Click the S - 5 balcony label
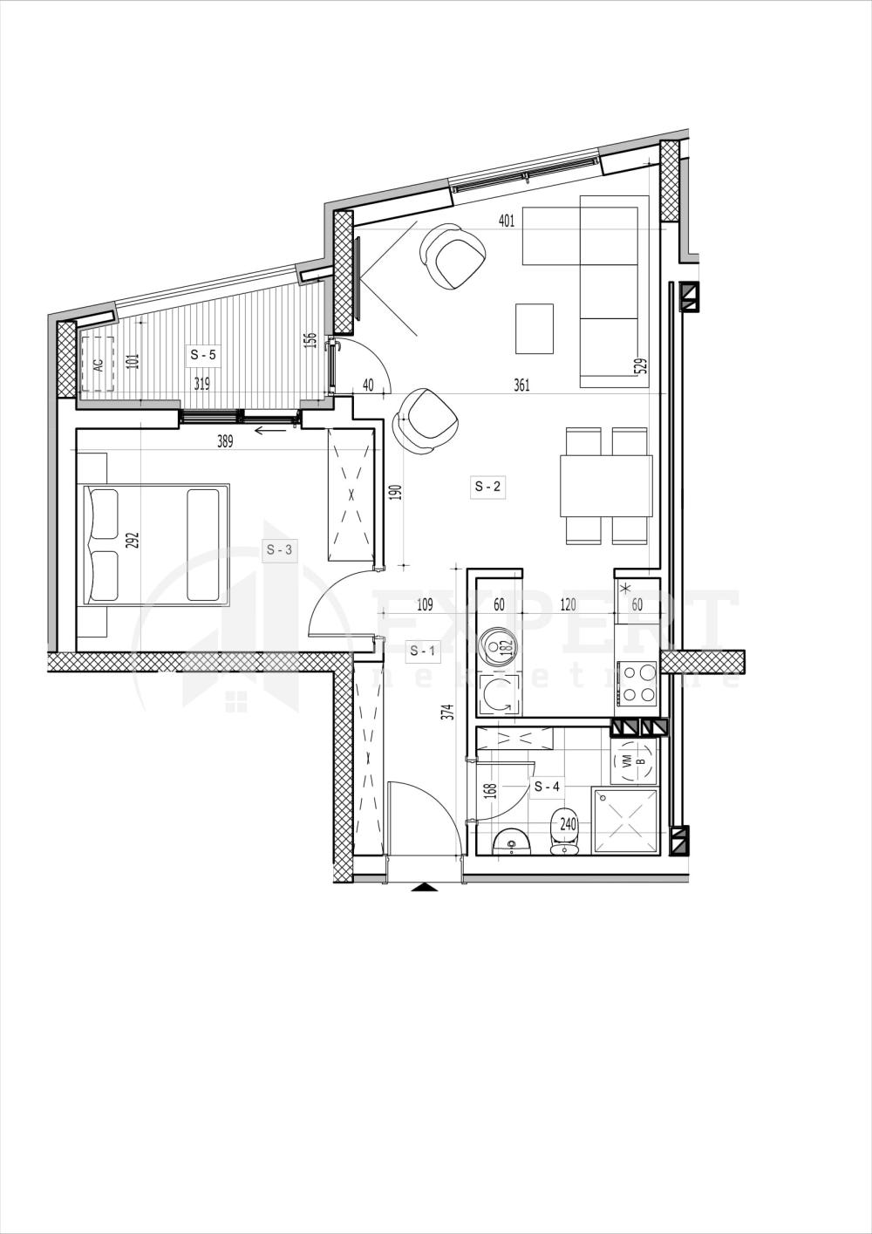[204, 355]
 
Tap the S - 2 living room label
[487, 487]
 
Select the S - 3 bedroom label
[282, 549]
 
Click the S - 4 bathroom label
[547, 786]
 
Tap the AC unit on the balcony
[98, 365]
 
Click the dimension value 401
[506, 221]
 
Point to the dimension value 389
[225, 441]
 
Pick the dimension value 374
[447, 712]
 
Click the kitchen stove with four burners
[637, 683]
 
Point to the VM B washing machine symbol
[632, 760]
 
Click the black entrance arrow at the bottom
[426, 888]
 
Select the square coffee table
[534, 328]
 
